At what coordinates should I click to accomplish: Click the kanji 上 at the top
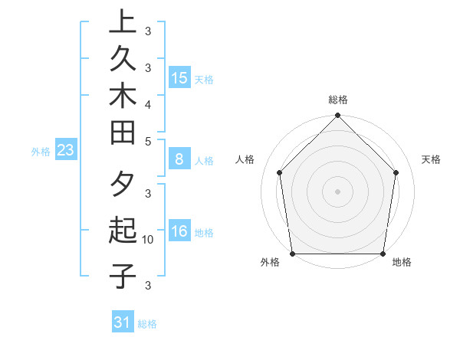[123, 21]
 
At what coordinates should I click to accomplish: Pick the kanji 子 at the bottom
[123, 276]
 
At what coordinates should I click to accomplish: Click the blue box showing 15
[179, 78]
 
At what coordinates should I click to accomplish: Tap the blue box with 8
[179, 159]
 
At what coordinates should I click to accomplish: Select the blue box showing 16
[179, 231]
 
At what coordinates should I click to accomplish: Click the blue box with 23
[66, 151]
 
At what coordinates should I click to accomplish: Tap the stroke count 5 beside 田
[148, 141]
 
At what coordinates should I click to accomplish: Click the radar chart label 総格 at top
[338, 100]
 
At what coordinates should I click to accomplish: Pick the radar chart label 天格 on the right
[432, 159]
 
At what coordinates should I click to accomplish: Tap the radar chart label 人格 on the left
[245, 159]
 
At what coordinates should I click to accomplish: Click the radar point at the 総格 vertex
[338, 116]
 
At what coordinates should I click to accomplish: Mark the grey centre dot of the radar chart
[338, 191]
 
